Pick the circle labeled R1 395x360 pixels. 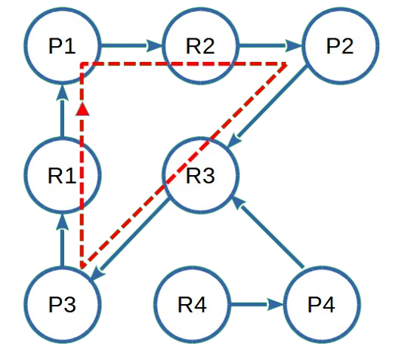point(62,176)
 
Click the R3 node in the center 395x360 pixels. point(201,176)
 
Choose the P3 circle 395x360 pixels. point(62,305)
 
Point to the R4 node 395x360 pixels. point(192,305)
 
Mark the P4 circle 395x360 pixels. point(322,305)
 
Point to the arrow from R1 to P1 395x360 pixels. point(62,112)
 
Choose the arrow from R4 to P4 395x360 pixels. point(257,305)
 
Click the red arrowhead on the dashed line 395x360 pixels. point(82,109)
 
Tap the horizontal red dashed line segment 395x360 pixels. point(181,65)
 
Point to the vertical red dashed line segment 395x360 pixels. point(82,189)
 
